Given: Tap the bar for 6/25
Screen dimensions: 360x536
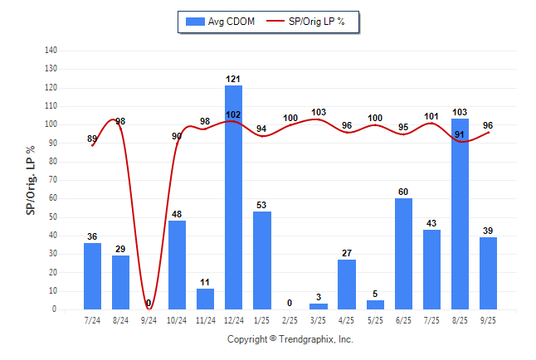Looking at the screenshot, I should (403, 254).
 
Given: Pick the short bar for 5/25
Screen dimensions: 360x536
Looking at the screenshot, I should (375, 304).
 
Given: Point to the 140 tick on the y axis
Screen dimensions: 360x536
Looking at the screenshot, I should (51, 51).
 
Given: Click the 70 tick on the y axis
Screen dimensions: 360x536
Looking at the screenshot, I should (53, 180).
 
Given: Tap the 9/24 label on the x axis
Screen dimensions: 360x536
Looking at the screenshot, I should (149, 319).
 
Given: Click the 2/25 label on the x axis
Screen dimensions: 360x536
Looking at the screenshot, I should (290, 319).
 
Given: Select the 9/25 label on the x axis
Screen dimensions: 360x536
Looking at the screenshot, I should (488, 319).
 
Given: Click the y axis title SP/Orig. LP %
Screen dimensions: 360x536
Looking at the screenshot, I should (31, 180).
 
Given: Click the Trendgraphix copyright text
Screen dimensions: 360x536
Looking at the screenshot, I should (290, 339).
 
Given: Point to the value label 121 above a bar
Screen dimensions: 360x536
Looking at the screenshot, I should (233, 79).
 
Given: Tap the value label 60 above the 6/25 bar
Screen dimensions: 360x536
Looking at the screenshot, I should (403, 192).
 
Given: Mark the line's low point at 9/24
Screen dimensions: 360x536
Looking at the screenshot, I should (149, 309).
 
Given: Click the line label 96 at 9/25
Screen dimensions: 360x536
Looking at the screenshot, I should (488, 125).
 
